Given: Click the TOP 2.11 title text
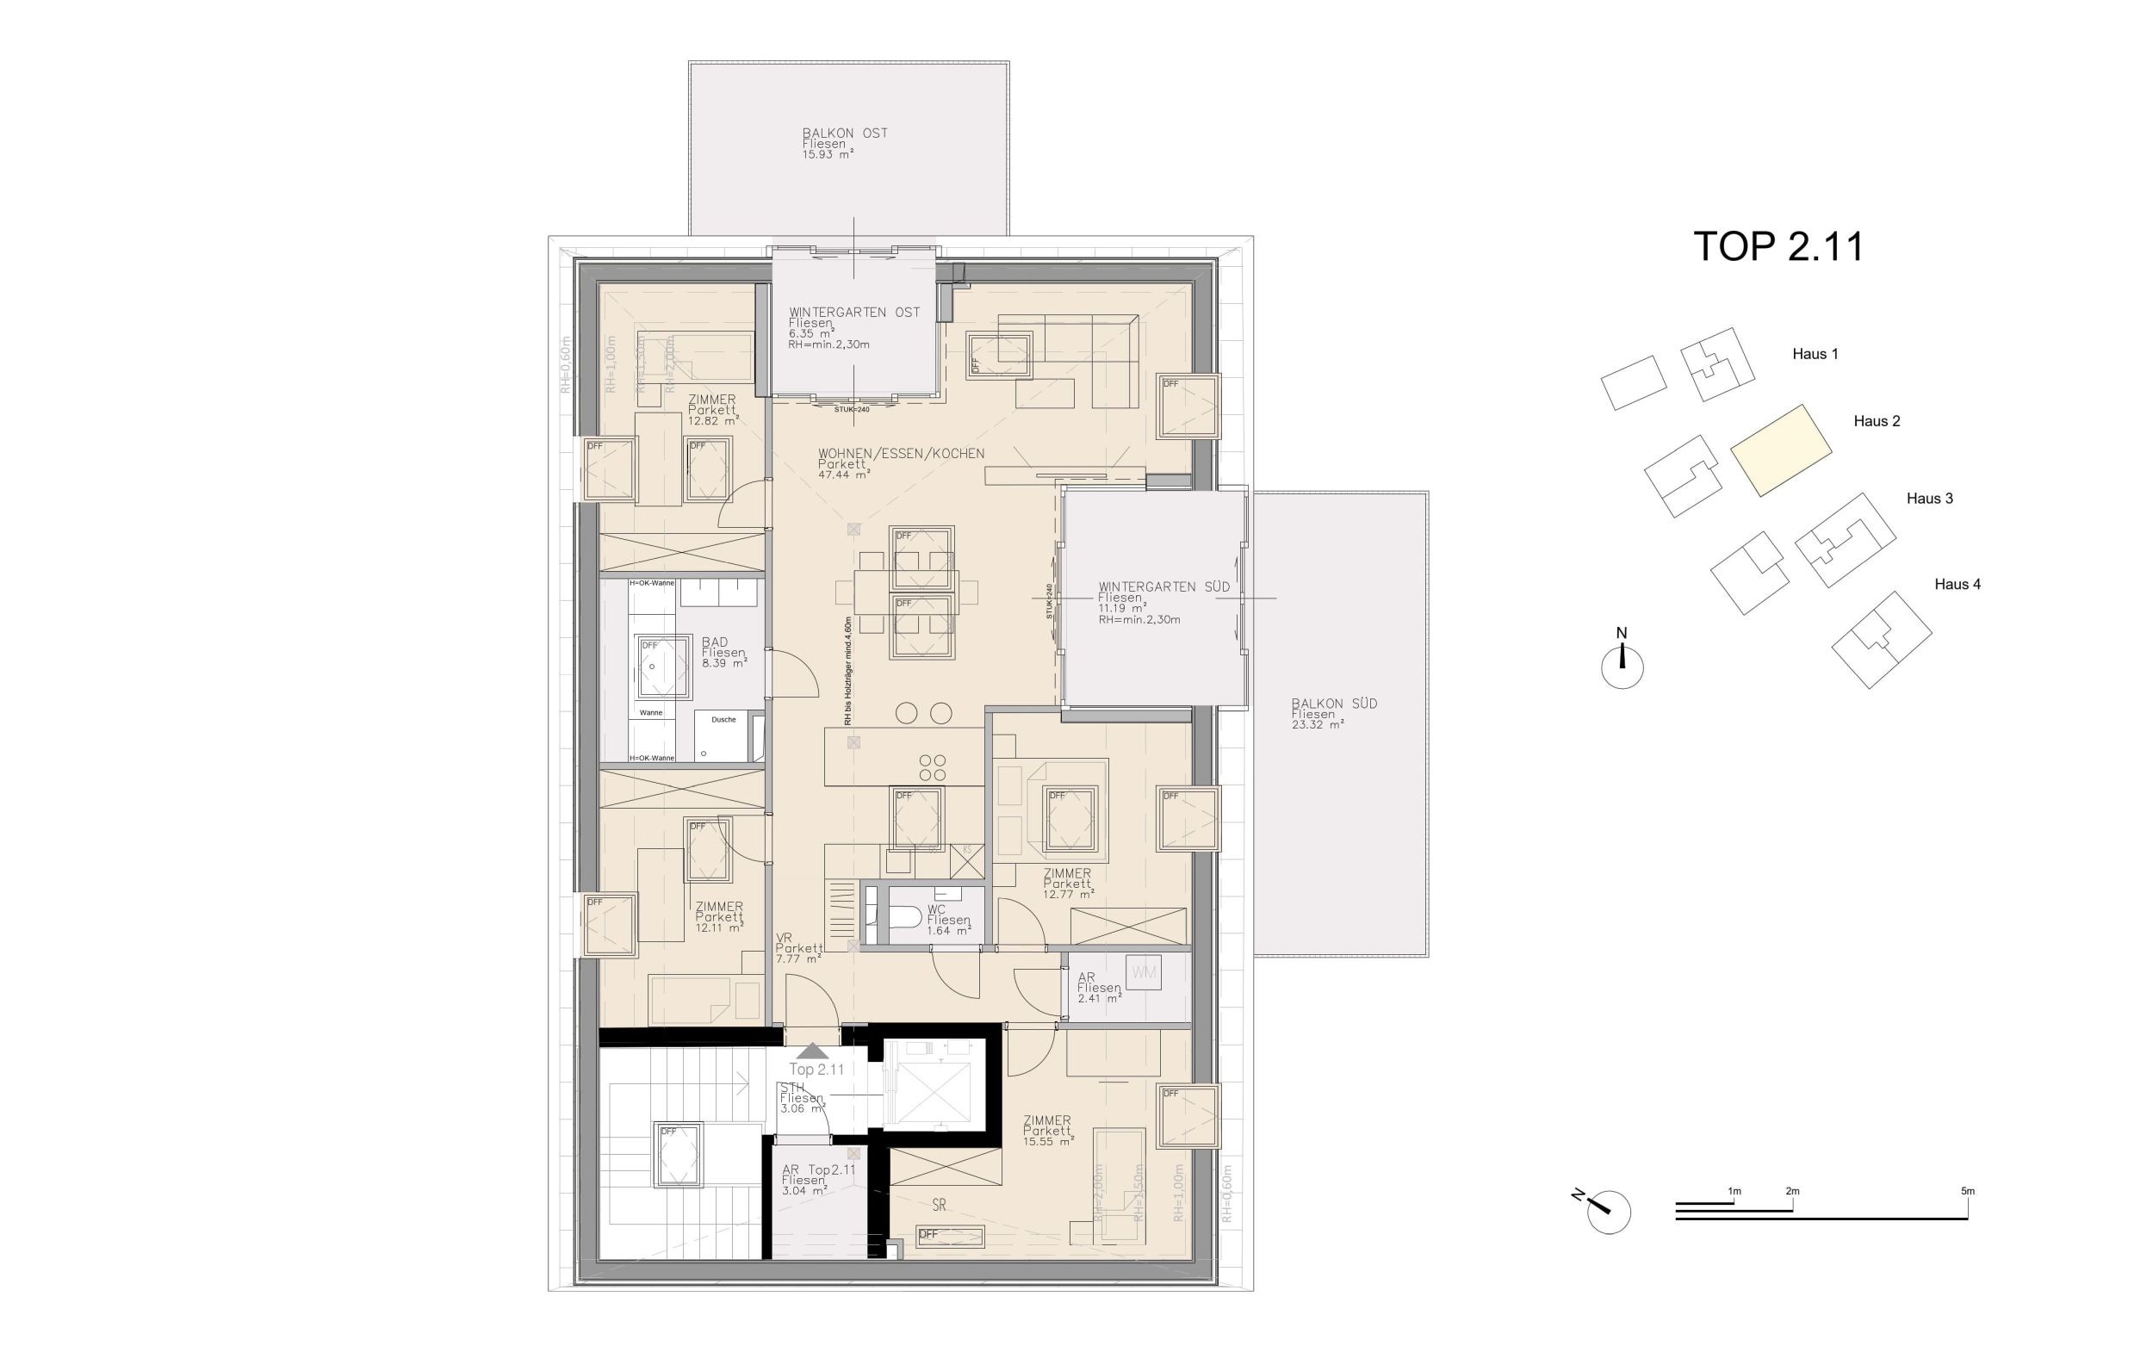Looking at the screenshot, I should tap(1778, 246).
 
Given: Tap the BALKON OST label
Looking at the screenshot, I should tap(845, 133).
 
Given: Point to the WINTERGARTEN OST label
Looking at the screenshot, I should tap(853, 313).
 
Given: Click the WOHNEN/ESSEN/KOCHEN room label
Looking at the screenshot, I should tap(901, 453).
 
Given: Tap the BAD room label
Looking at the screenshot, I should tap(715, 642).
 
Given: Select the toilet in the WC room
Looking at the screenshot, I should tap(905, 916).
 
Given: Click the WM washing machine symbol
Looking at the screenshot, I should tap(1144, 972).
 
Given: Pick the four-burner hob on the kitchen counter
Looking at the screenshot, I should tap(932, 767).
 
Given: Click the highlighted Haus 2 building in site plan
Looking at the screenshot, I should tap(1780, 450).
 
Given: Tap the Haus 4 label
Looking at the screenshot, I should tap(1958, 584).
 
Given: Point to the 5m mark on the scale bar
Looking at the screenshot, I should tap(1967, 1191).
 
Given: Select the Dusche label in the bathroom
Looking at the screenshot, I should tap(723, 719).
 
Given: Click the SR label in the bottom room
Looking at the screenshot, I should tap(939, 1206).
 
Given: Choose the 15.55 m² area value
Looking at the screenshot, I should tap(1047, 1142).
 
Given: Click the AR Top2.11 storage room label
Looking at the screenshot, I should tap(818, 1169).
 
